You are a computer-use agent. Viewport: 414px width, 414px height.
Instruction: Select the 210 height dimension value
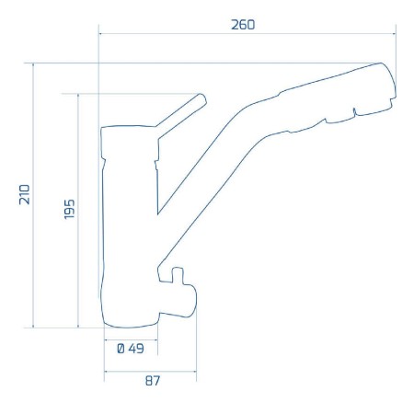pos(25,194)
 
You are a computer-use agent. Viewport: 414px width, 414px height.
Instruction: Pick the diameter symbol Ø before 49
pos(121,349)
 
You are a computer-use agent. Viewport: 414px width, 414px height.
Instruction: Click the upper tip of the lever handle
pos(201,98)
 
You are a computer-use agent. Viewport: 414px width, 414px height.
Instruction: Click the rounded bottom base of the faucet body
pos(129,322)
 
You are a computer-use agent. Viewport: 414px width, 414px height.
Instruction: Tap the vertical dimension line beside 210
pos(34,194)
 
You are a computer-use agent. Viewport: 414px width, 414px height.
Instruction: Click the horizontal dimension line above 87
pos(149,372)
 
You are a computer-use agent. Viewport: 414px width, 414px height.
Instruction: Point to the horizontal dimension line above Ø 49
pos(131,338)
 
